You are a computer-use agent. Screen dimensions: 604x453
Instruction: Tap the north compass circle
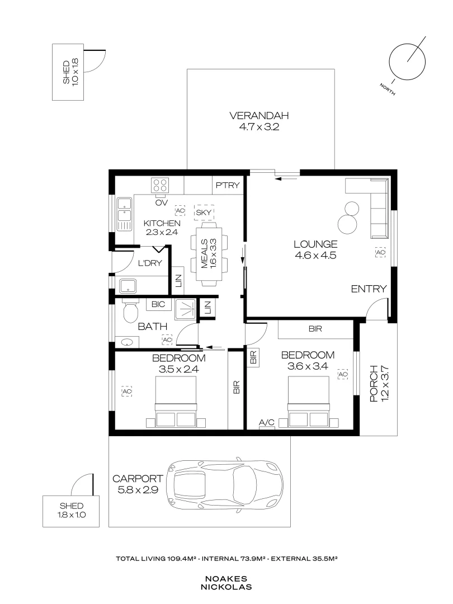(x=405, y=61)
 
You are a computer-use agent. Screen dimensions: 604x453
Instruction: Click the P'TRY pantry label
(x=228, y=186)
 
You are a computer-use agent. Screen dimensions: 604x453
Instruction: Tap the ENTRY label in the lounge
(x=369, y=289)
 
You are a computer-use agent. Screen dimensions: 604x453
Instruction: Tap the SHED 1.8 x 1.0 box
(x=71, y=511)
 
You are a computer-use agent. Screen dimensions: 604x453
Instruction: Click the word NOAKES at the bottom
(x=226, y=579)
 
